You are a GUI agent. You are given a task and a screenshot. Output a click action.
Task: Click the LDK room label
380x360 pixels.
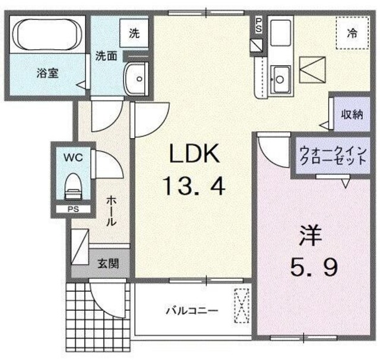pos(195,155)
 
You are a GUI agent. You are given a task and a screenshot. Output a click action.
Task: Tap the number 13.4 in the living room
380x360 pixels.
pos(195,188)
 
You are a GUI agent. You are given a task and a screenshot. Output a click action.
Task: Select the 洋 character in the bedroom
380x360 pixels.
pos(308,236)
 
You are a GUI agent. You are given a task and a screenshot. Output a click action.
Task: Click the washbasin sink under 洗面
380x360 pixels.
pos(137,77)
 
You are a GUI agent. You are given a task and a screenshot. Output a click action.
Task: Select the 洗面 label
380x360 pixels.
pos(107,56)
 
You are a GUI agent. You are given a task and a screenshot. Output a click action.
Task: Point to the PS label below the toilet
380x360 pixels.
pos(72,209)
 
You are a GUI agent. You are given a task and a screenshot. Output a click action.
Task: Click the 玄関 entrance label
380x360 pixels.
pos(107,262)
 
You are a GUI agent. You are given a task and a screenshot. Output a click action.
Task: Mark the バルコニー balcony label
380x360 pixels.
pos(191,310)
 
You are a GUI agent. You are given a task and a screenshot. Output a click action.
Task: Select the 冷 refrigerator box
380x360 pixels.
pos(351,33)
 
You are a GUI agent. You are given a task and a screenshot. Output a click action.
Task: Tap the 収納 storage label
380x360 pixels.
pos(350,115)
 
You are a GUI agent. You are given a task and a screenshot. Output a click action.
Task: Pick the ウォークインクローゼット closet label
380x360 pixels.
pos(332,155)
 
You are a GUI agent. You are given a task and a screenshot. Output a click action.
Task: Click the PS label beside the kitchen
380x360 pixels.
pos(258,24)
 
